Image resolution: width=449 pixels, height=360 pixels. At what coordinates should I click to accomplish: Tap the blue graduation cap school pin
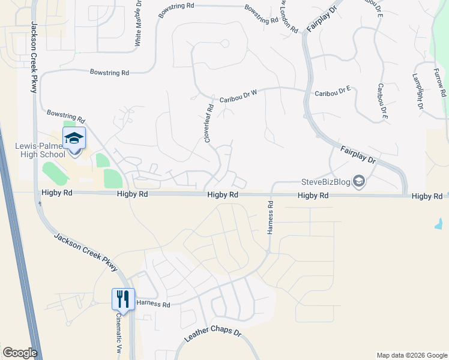tap(74, 138)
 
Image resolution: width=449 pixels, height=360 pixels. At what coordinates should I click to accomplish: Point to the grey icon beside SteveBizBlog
tap(359, 181)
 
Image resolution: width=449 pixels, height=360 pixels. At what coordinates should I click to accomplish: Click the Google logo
tap(20, 353)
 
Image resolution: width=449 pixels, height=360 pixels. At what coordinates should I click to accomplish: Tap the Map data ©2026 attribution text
tap(411, 355)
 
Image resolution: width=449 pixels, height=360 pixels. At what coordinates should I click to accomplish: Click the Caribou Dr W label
tap(238, 94)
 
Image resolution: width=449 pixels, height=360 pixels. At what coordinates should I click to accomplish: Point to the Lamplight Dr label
tap(418, 92)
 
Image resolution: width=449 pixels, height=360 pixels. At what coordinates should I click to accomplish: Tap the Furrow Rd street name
tap(441, 83)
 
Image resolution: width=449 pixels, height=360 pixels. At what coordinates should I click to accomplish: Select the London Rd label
tap(290, 16)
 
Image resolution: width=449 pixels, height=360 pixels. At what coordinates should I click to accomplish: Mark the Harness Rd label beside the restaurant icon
tap(154, 305)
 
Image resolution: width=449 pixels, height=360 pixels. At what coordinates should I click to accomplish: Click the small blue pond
tap(439, 224)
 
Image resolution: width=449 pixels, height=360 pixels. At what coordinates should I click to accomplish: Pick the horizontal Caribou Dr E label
tap(333, 92)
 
